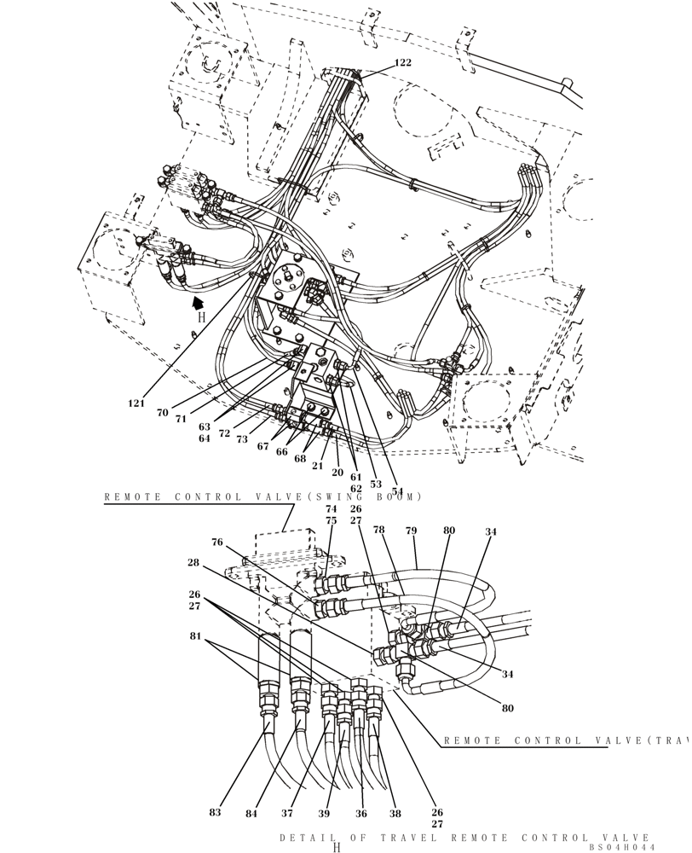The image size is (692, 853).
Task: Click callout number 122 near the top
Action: tap(402, 62)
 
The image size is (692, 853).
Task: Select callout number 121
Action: tap(137, 403)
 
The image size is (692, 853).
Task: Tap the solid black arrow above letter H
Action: tap(199, 301)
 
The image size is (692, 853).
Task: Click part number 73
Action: tap(242, 439)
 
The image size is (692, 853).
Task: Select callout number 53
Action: tap(376, 484)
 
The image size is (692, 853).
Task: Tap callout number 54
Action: tap(397, 491)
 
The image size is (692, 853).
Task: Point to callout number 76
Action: tap(217, 542)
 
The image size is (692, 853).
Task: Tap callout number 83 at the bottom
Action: tap(215, 813)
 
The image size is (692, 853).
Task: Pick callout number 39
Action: tap(324, 813)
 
